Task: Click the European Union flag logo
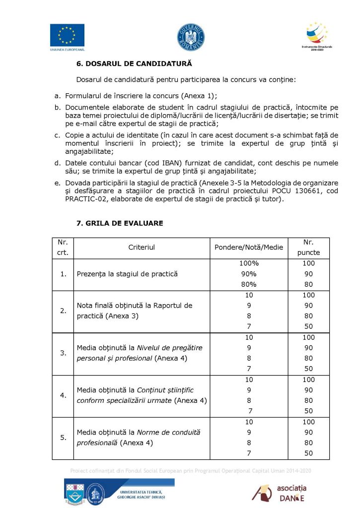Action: (67, 35)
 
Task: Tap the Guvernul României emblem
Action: (191, 37)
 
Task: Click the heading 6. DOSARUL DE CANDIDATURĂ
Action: (134, 64)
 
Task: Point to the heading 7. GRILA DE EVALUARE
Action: (120, 224)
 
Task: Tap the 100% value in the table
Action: (249, 263)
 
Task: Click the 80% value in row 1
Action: (249, 284)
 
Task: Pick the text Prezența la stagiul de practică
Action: (127, 274)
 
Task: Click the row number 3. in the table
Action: (63, 353)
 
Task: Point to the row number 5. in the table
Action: (63, 438)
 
